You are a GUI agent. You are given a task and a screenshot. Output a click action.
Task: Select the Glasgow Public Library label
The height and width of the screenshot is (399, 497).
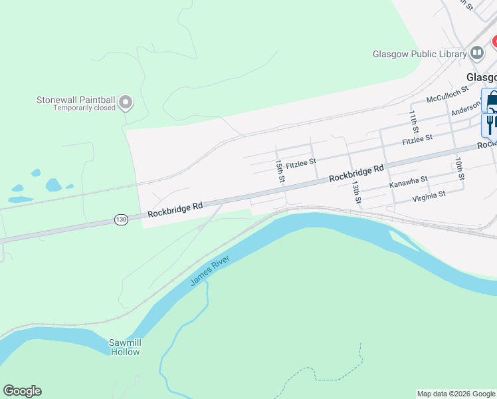(419, 54)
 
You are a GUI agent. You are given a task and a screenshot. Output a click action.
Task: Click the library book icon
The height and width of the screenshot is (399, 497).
(476, 53)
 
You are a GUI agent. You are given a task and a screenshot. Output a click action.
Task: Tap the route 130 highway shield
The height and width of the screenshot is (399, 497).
(120, 219)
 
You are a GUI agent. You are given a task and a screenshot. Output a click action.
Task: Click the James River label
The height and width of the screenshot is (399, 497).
(209, 271)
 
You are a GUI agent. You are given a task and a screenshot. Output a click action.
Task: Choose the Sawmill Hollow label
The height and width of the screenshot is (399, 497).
(125, 347)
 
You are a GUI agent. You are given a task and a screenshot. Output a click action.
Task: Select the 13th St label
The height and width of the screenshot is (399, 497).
(356, 192)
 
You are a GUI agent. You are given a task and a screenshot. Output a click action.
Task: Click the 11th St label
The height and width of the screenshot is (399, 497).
(414, 122)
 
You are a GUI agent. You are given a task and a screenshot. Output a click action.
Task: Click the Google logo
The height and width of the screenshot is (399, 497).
(22, 391)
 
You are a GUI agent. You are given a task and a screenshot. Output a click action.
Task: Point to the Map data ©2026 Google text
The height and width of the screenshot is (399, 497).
(455, 394)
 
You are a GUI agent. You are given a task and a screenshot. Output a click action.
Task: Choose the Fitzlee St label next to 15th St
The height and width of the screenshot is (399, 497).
(301, 160)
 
